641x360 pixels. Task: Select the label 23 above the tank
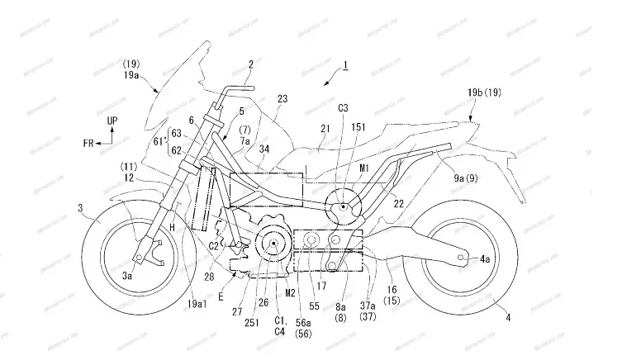(283, 98)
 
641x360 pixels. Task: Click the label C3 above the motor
(343, 108)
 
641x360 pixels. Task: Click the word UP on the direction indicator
(113, 121)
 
